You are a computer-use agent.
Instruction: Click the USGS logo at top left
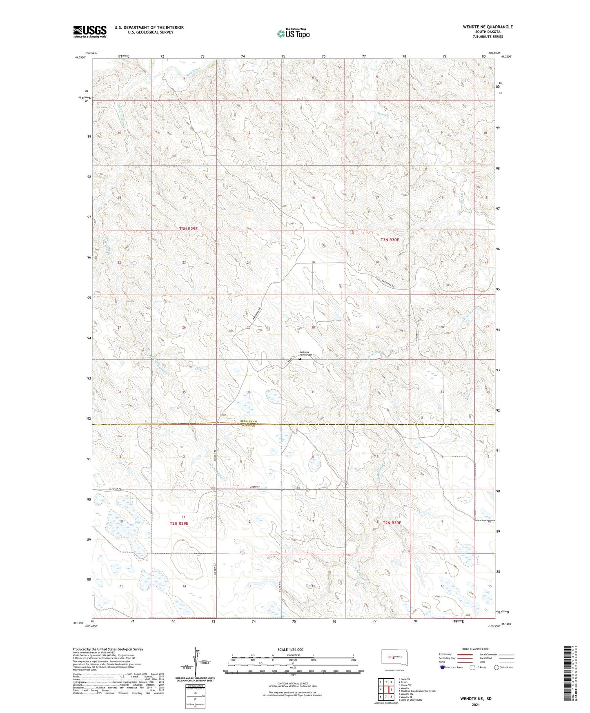click(x=90, y=31)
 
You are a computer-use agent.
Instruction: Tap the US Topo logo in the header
click(x=293, y=33)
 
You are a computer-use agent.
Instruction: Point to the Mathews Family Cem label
click(x=306, y=354)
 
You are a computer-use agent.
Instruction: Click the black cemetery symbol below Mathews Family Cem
click(x=300, y=359)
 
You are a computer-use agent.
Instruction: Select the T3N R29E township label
click(x=188, y=229)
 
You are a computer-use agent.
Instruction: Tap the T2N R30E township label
click(x=392, y=523)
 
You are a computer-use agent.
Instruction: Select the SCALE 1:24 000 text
click(x=292, y=649)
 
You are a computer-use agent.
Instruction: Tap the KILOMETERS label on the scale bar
click(x=292, y=655)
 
